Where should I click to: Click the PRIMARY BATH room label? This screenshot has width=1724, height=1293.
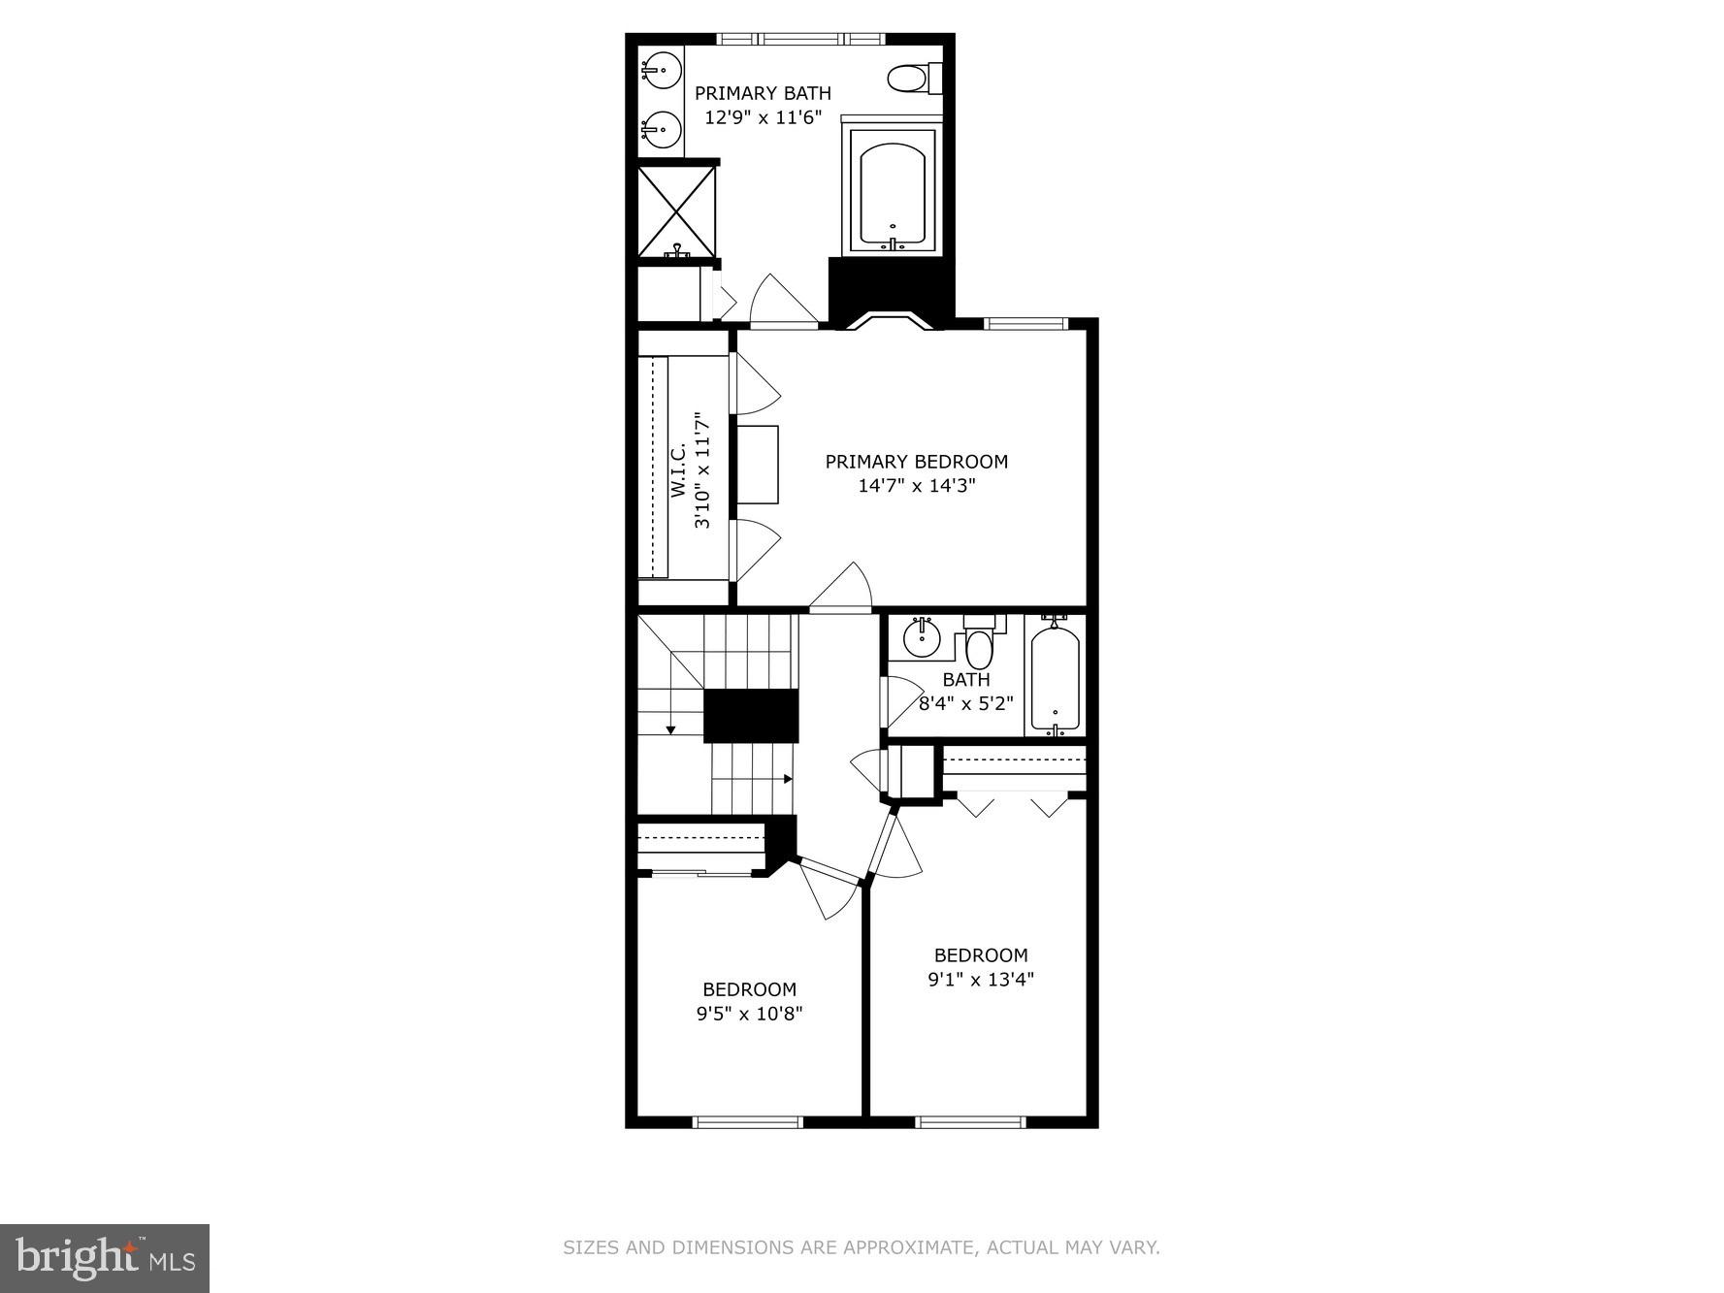tap(763, 93)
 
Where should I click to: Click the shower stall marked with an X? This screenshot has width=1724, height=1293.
tap(676, 211)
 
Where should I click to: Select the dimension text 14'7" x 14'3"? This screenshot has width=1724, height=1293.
tap(916, 486)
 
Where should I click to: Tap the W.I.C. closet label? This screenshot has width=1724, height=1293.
tap(678, 470)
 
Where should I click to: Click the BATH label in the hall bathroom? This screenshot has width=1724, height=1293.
tap(965, 680)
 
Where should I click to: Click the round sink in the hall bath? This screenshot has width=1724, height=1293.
tap(920, 638)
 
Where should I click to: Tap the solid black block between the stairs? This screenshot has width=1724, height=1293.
tap(750, 716)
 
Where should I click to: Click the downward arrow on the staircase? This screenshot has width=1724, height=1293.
tap(670, 728)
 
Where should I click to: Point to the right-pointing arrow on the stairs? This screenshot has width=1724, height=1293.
tap(788, 779)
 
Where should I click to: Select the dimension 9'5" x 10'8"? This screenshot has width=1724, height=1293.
tap(749, 1015)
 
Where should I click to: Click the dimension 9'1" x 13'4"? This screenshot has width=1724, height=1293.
tap(981, 980)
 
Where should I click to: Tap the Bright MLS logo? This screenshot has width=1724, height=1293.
tap(105, 1258)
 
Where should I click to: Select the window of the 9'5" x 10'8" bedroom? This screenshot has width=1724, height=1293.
tap(748, 1122)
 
